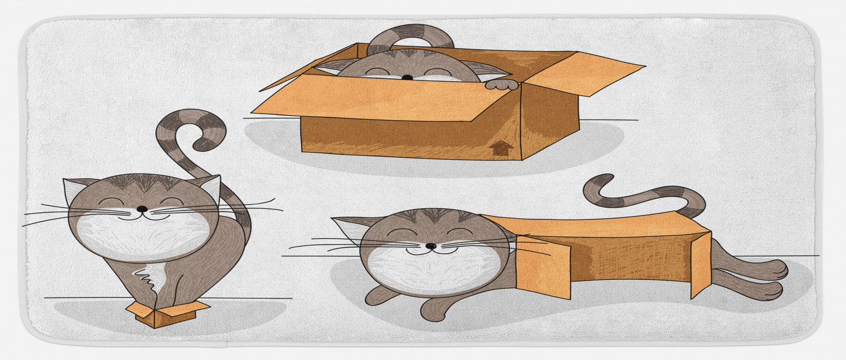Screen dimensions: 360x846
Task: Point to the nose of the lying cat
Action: coord(430,246)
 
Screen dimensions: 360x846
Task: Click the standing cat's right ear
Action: coord(210,186)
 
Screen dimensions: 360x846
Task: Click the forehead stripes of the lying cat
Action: coord(433,216)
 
